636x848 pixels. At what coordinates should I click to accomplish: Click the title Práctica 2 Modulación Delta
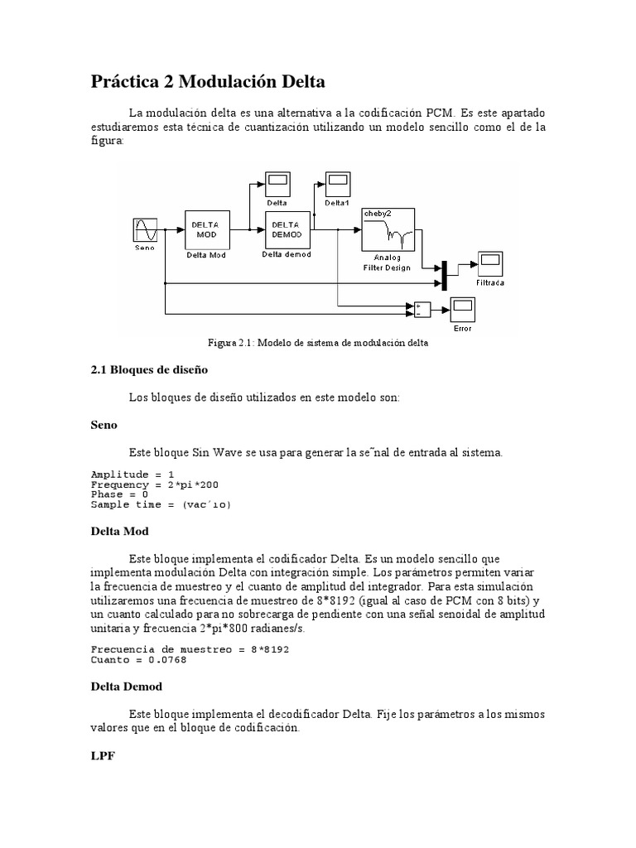tap(207, 83)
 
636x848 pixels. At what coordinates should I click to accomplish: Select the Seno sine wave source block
tap(145, 230)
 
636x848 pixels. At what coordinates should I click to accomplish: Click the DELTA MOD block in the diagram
tap(205, 229)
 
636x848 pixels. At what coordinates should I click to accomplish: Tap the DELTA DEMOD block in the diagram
tap(286, 229)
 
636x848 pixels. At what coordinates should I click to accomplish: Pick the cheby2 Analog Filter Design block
tap(388, 229)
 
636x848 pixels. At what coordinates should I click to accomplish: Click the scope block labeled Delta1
tap(337, 181)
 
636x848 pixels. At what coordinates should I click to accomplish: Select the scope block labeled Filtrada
tap(489, 264)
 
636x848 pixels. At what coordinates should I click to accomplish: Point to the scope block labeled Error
tap(462, 310)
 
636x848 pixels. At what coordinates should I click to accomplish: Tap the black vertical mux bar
tap(444, 274)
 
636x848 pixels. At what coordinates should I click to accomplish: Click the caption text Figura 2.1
tap(317, 342)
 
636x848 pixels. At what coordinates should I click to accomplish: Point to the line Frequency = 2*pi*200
tap(155, 484)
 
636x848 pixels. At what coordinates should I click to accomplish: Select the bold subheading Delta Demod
tap(126, 687)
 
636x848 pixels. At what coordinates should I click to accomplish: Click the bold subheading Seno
tap(104, 425)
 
